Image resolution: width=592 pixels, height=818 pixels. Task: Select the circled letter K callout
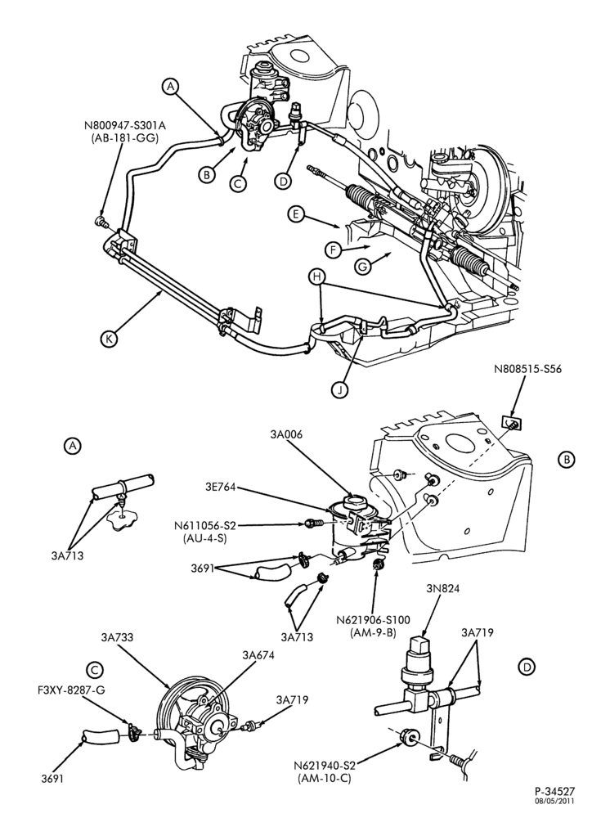109,339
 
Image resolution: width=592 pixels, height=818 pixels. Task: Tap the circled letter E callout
296,214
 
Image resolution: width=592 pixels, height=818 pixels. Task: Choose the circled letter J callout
339,389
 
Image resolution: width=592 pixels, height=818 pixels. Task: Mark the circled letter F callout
334,249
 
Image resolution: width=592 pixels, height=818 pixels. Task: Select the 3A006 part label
286,434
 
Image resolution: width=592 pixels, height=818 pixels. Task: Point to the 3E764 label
222,487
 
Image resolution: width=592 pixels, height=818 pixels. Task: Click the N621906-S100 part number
373,620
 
